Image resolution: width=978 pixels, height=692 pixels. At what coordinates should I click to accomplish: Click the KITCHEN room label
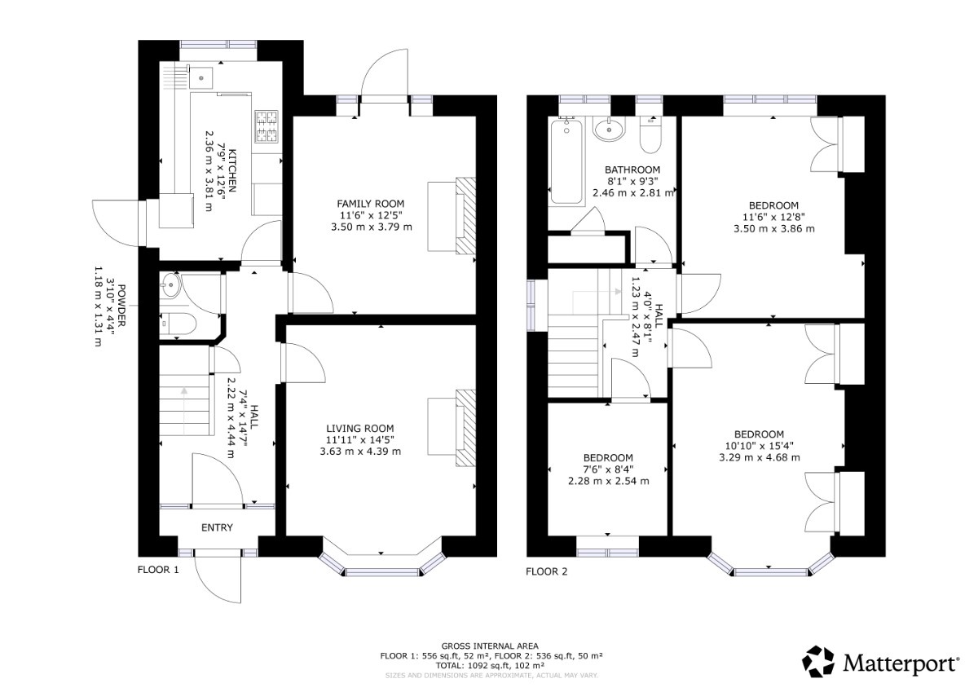[232, 170]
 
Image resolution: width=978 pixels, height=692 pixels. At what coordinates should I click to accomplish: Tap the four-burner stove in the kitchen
[267, 126]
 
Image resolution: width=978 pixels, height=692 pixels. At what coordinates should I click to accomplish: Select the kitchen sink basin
[200, 78]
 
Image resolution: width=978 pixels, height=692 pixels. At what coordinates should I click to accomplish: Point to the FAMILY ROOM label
[370, 204]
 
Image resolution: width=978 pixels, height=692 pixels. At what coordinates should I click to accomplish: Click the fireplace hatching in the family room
[465, 216]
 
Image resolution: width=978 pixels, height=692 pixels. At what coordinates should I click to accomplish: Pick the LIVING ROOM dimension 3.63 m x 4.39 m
[360, 452]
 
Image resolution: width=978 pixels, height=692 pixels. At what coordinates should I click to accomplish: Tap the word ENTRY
[217, 527]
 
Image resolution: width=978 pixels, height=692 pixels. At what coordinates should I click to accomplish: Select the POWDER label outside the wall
[121, 306]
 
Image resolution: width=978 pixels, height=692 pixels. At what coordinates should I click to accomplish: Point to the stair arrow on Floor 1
[184, 411]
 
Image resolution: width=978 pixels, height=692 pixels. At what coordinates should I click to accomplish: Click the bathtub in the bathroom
[567, 161]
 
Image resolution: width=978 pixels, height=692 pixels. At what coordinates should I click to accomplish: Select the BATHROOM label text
[632, 170]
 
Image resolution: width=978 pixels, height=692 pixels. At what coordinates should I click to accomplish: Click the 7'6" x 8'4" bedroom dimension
[608, 469]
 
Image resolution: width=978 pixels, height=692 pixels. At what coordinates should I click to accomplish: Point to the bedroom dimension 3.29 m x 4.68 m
[760, 457]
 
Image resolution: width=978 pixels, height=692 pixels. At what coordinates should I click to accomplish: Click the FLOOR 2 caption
[547, 571]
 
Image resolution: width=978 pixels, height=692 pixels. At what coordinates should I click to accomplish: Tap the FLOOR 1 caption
[158, 570]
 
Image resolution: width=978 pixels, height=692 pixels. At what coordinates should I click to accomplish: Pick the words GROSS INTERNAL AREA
[490, 646]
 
